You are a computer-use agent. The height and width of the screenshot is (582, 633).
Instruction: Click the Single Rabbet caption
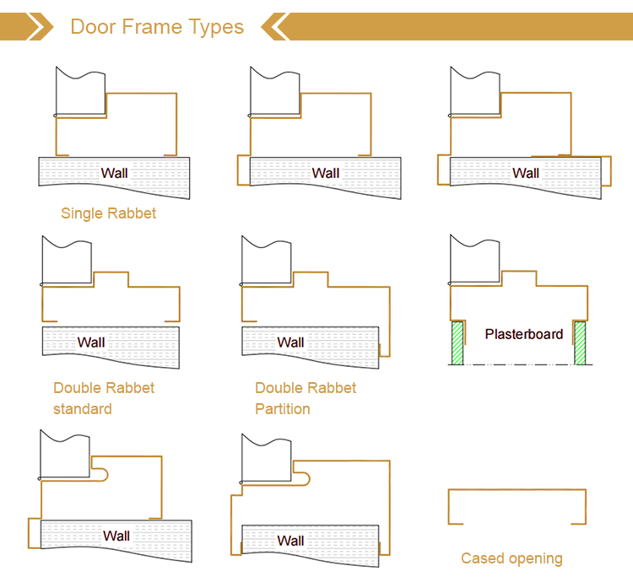coord(108,213)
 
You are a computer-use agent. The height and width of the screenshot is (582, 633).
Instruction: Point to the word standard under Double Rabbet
coord(82,409)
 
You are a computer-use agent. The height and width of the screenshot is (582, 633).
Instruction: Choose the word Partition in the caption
coord(283,409)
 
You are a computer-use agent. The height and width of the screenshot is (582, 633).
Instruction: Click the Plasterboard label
coord(523,334)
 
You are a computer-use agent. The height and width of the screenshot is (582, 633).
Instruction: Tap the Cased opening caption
coord(511,558)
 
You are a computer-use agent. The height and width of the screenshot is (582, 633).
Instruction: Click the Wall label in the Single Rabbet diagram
coord(115,174)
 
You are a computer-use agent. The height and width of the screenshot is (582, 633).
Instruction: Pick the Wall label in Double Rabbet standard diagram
coord(91,342)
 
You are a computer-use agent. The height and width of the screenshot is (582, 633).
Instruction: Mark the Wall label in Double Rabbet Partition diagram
coord(290,342)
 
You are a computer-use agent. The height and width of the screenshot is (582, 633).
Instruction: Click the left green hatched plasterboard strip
coord(457,343)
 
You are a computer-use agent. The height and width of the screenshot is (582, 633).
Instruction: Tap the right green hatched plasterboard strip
coord(580,343)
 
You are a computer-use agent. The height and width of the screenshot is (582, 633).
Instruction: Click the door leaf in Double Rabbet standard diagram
coord(67,261)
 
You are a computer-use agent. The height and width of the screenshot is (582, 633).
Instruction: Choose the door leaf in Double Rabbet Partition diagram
coord(267,261)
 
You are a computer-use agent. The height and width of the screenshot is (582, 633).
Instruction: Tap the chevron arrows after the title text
coord(275,27)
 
